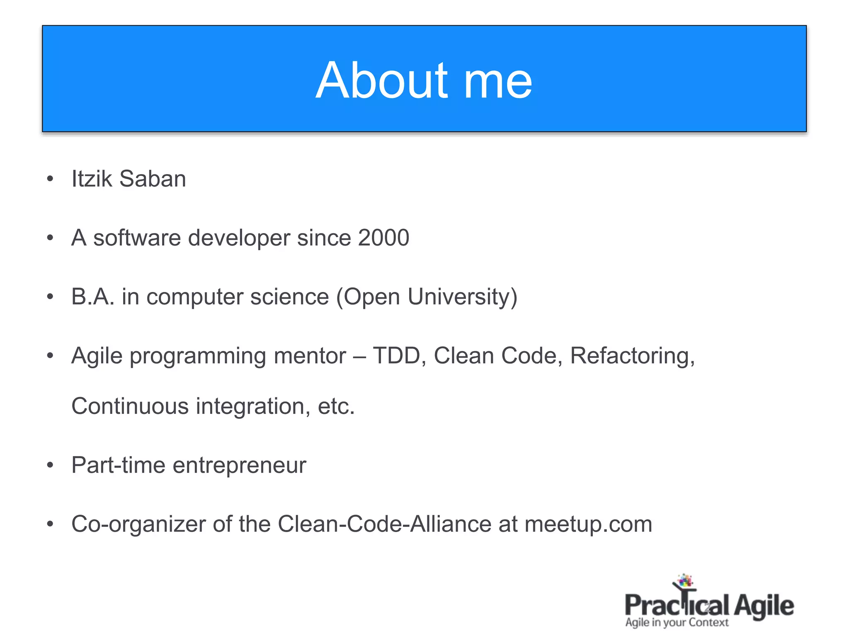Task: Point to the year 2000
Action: point(383,238)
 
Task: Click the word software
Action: point(137,238)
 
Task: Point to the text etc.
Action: point(336,406)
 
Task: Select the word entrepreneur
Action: point(239,465)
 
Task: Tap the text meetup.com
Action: point(588,524)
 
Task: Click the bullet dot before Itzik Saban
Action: point(50,179)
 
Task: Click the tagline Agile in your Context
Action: point(677,622)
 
